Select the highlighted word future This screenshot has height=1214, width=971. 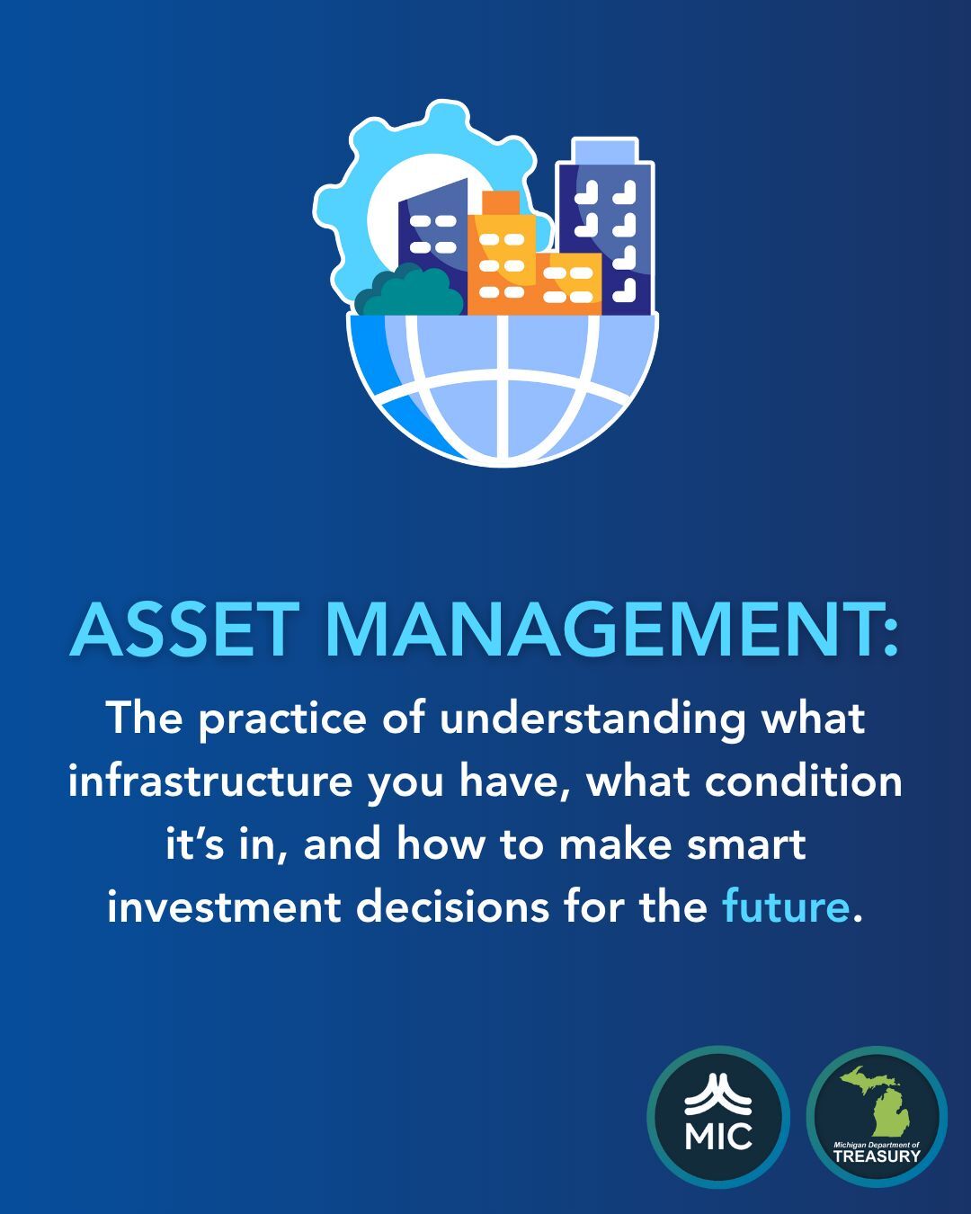click(x=785, y=906)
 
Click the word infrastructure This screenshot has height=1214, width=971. click(x=209, y=781)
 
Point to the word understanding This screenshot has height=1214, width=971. click(x=592, y=719)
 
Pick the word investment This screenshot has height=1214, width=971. click(x=224, y=906)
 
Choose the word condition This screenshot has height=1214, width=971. click(x=803, y=781)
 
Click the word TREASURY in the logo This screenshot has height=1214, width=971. click(x=877, y=1156)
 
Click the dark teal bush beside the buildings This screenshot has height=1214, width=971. click(x=405, y=292)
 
